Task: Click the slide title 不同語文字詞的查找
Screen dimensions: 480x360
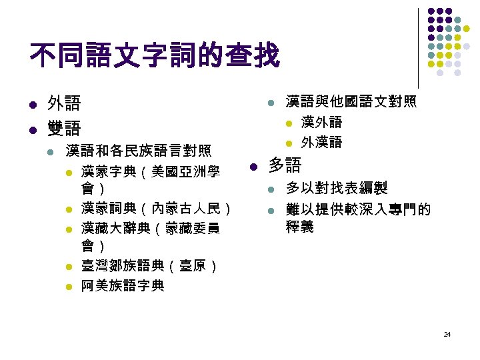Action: [x=155, y=55]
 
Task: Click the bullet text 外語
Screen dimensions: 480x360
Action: [x=63, y=103]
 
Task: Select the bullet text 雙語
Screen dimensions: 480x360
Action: [x=63, y=127]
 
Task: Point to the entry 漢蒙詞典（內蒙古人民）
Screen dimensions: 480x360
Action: [x=157, y=209]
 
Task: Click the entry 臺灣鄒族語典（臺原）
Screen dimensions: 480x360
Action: [x=149, y=267]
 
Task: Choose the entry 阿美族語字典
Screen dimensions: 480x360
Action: [x=123, y=286]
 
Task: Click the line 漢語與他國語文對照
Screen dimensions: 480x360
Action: [x=351, y=102]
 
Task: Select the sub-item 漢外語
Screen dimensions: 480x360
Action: [x=321, y=122]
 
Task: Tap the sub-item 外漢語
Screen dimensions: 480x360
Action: [x=321, y=142]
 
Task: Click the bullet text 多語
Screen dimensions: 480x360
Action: [x=285, y=164]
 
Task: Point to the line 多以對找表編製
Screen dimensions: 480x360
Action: [x=337, y=189]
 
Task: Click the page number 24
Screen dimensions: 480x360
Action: [x=447, y=333]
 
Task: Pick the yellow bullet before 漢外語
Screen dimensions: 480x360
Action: [x=289, y=123]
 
